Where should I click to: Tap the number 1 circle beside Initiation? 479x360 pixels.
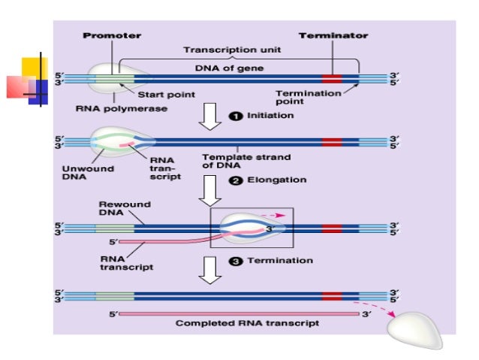pos(235,116)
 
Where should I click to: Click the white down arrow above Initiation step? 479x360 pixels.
pos(211,116)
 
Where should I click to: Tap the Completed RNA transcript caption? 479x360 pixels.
pos(247,323)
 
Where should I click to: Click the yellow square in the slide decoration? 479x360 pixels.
pos(34,68)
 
